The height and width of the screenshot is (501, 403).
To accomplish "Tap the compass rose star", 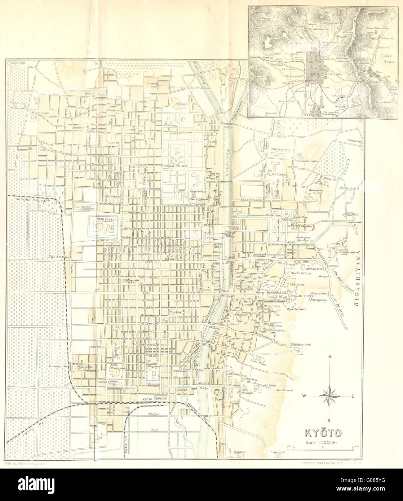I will (x=329, y=396).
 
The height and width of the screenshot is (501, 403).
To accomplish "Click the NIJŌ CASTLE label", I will (x=105, y=219).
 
